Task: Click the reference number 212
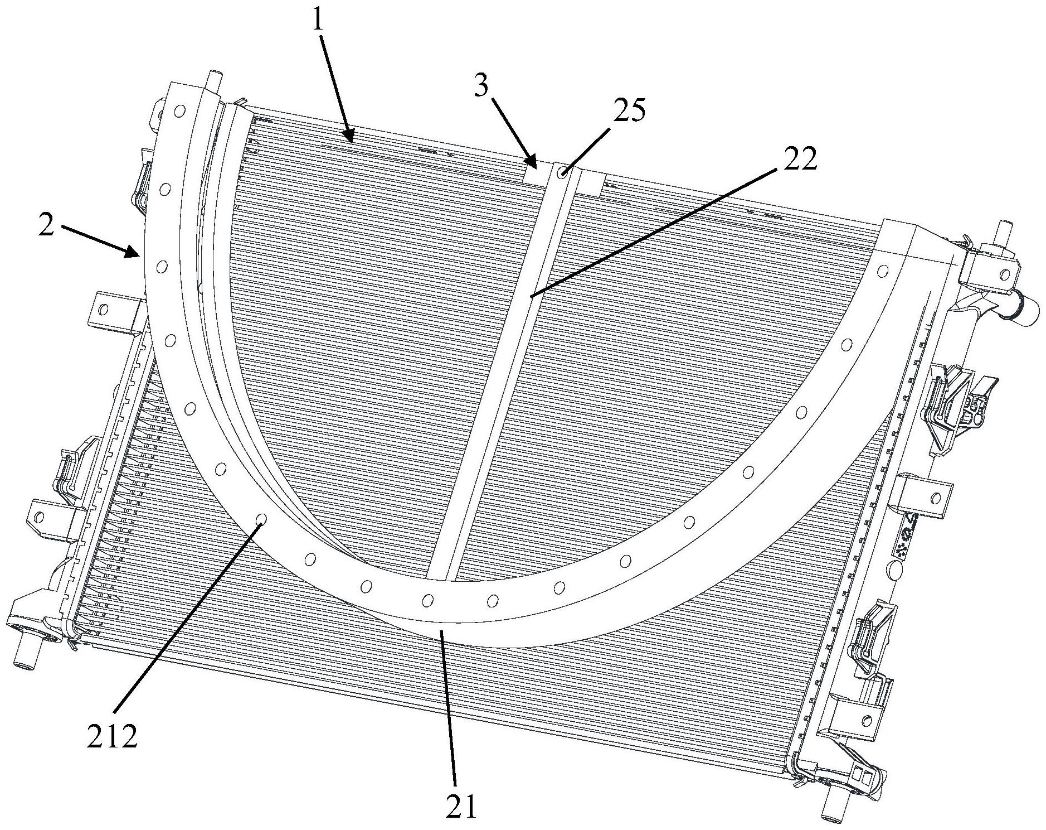click(111, 737)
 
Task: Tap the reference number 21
click(461, 807)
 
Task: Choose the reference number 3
click(480, 87)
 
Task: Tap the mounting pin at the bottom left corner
click(25, 654)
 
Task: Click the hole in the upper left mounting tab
click(103, 308)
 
